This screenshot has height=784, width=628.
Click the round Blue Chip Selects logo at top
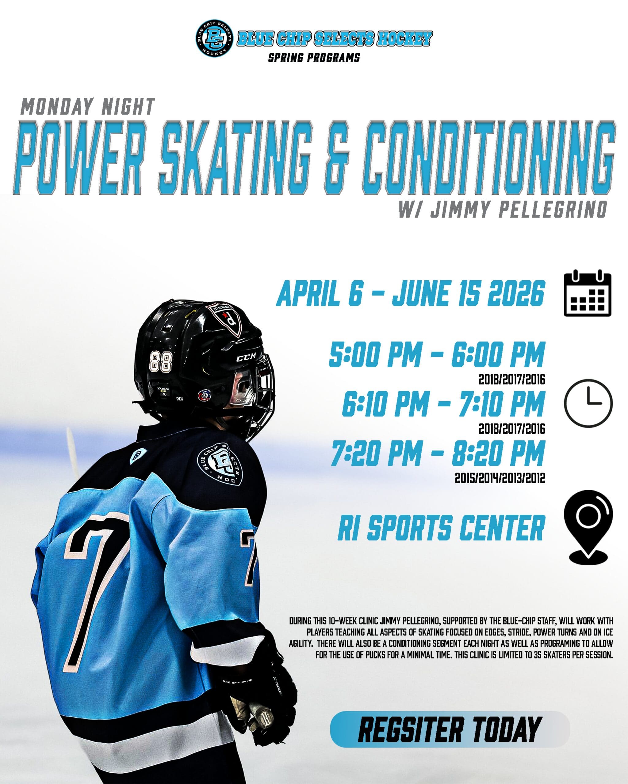coord(214,38)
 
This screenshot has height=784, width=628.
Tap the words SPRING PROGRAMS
coord(314,58)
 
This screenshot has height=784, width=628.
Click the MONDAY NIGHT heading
coord(88,107)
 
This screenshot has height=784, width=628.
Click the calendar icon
coord(587,293)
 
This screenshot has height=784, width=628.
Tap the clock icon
coord(588,403)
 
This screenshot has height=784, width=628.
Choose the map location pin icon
coord(588,527)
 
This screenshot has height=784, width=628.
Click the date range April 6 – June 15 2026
coord(410,293)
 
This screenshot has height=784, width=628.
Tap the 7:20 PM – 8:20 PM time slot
coord(438,453)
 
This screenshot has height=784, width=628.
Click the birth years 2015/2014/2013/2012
coord(500,478)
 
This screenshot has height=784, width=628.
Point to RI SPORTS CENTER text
coord(441,528)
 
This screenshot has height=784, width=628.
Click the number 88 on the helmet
coord(161,361)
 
